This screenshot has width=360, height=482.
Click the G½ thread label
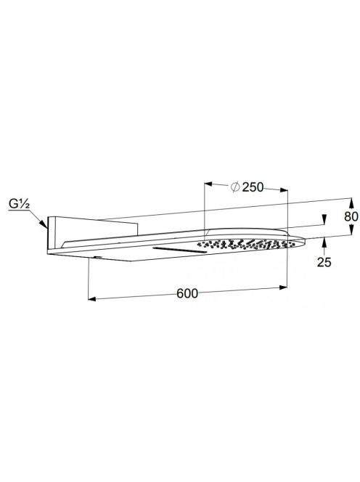(19, 204)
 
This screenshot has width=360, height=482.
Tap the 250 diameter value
(253, 187)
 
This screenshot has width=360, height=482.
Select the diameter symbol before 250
(235, 187)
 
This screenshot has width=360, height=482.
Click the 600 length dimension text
(187, 293)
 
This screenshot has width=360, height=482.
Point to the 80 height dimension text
(351, 217)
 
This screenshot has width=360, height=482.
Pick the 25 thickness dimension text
(324, 262)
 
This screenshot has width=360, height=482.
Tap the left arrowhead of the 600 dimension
(92, 299)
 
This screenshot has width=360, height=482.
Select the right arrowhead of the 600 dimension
(283, 287)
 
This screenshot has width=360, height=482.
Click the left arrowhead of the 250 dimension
(209, 184)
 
